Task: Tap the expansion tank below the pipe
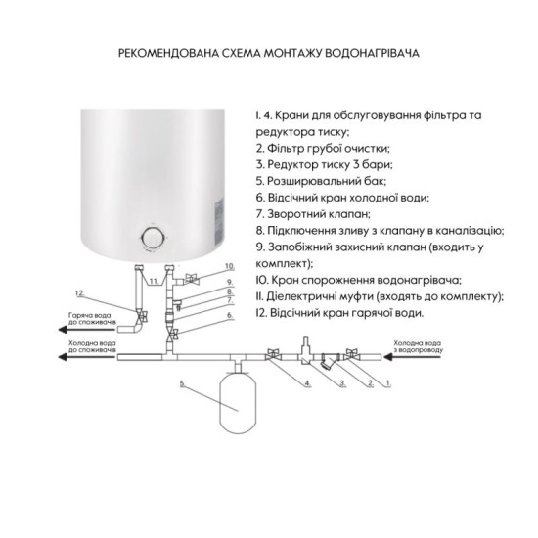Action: coord(237,400)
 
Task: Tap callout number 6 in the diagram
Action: coord(229,315)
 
